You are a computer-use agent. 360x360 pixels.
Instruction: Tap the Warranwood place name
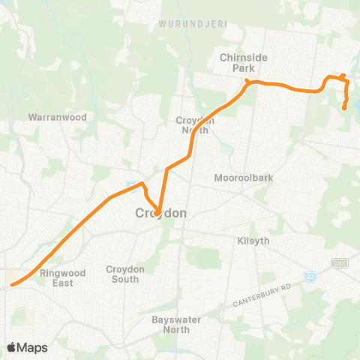pyautogui.click(x=58, y=118)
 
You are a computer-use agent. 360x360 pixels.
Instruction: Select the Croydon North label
pyautogui.click(x=196, y=124)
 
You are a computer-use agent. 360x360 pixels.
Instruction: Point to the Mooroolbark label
pyautogui.click(x=241, y=178)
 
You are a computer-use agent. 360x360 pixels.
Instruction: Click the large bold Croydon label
pyautogui.click(x=160, y=213)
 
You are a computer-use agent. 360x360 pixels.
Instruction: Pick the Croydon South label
pyautogui.click(x=122, y=274)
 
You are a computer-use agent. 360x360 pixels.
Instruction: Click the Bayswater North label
pyautogui.click(x=173, y=325)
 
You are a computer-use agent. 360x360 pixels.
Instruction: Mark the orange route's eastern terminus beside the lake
pyautogui.click(x=344, y=108)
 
